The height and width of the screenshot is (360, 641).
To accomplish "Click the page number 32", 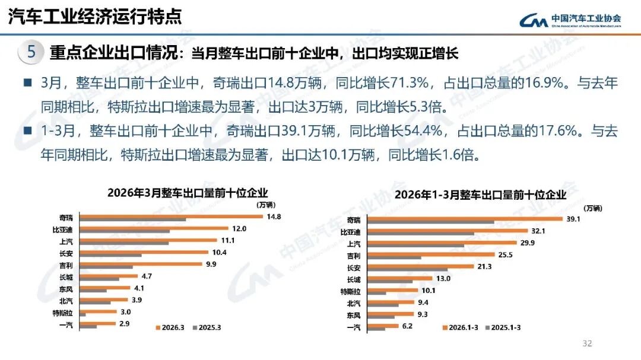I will coord(588,343).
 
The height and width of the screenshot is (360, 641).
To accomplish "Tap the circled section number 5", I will coord(31,52).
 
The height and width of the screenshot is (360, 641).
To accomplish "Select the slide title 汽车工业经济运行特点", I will coord(95,16).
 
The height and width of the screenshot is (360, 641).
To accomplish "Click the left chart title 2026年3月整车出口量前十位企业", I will coord(188,193).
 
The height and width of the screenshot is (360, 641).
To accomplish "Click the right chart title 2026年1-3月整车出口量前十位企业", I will coord(480,195).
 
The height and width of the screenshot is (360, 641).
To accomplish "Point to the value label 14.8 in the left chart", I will coord(274,216).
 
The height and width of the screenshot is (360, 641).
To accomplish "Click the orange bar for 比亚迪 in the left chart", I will coord(154,228).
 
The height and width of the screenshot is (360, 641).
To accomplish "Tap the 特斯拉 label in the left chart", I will coord(63,313).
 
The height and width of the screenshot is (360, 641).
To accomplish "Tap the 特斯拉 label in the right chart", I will coord(350,291).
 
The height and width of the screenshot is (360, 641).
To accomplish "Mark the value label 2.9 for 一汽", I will coord(123,323).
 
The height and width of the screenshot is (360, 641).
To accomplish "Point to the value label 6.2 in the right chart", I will coord(406,326).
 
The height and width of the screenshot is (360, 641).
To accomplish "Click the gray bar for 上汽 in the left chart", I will coord(124,243).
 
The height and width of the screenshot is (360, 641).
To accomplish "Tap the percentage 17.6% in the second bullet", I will coord(561,130).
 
